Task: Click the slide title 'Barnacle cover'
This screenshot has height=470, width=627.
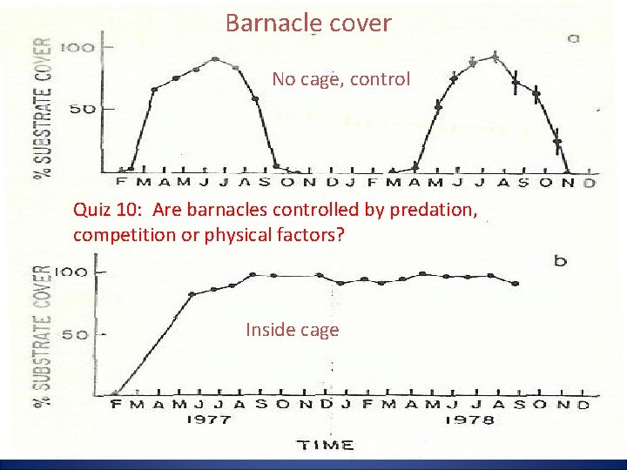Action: click(x=308, y=23)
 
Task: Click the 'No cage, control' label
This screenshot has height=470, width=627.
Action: click(x=340, y=79)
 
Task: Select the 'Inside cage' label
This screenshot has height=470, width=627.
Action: click(x=292, y=330)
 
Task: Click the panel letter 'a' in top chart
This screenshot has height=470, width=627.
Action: click(x=574, y=37)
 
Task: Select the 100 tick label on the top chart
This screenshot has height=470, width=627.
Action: click(x=76, y=47)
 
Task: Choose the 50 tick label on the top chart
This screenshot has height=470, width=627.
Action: click(x=81, y=109)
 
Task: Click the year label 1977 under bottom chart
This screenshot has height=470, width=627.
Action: click(x=208, y=420)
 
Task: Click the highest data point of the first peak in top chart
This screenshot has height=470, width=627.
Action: click(x=215, y=59)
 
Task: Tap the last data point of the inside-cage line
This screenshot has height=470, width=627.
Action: click(x=516, y=284)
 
